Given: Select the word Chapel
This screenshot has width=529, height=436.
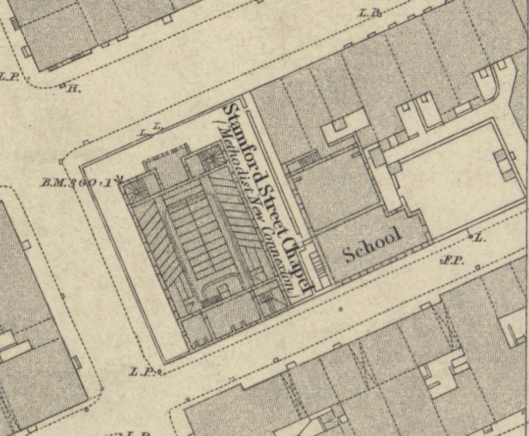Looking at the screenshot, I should (295, 258).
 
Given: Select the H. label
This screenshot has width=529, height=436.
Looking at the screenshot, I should (74, 88).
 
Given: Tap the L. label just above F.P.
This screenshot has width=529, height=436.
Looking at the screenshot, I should (480, 237).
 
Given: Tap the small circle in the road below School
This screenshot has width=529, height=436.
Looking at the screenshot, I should (340, 308).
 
